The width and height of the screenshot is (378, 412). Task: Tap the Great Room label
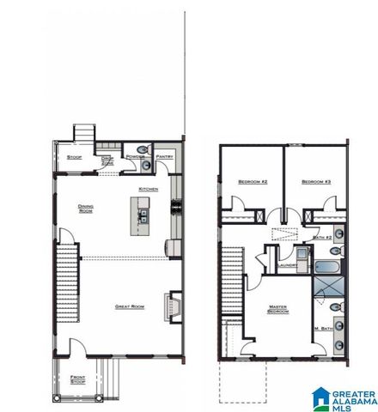click(x=129, y=306)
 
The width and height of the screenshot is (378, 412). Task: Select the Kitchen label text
click(x=149, y=189)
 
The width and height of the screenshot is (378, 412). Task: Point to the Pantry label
click(x=165, y=157)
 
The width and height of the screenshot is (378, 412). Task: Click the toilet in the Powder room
click(x=147, y=151)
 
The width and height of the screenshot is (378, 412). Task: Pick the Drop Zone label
click(x=108, y=161)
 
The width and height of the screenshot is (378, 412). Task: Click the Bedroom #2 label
click(x=253, y=182)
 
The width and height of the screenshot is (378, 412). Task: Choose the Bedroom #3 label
click(x=316, y=182)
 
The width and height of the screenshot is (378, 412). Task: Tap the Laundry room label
click(x=287, y=265)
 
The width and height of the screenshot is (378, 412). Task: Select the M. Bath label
click(x=323, y=330)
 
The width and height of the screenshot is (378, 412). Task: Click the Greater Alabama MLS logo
click(x=344, y=397)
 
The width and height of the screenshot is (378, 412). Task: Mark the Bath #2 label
click(x=322, y=237)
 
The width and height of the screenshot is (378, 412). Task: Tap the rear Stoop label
click(x=75, y=157)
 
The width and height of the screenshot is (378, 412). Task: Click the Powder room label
click(x=133, y=157)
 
